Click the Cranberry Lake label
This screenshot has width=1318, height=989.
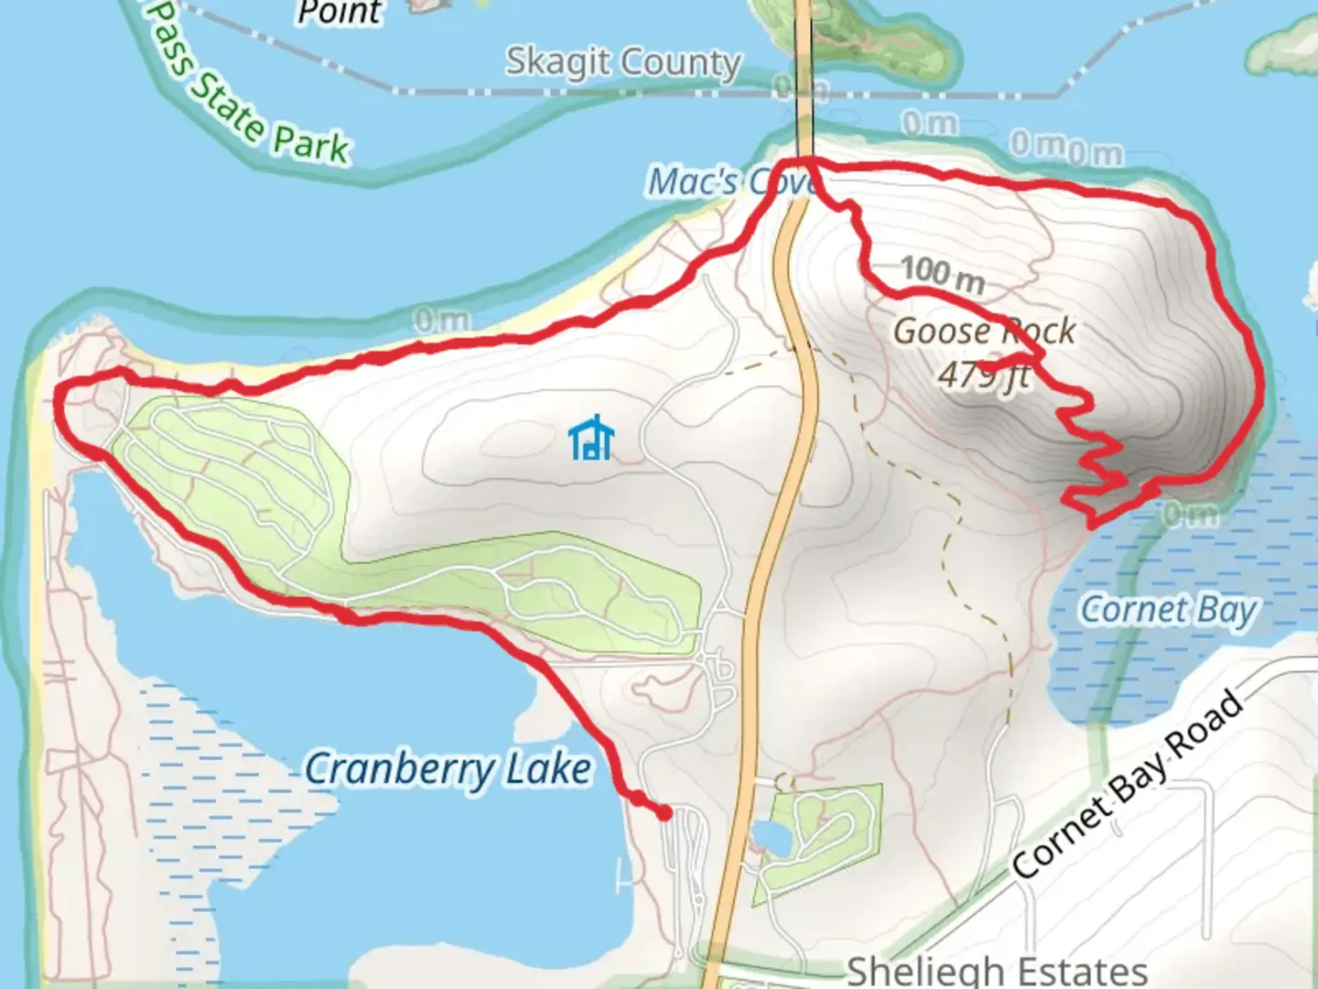(x=448, y=769)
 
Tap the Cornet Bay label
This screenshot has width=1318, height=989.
(x=1169, y=610)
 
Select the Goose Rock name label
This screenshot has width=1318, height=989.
(x=984, y=331)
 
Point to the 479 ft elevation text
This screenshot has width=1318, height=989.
(x=984, y=374)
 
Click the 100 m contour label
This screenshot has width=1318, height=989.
(x=942, y=272)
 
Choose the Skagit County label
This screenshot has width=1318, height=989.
(x=623, y=62)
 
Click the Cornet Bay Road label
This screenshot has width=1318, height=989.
(x=1129, y=784)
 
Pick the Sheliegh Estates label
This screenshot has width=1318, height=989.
(x=997, y=970)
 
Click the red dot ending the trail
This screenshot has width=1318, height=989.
(x=664, y=812)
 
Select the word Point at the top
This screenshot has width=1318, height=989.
(x=340, y=12)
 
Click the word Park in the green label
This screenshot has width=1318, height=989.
(x=310, y=146)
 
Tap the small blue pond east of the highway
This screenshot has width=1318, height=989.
(x=771, y=836)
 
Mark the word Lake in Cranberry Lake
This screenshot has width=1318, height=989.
(x=549, y=769)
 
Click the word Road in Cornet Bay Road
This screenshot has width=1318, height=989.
(x=1206, y=730)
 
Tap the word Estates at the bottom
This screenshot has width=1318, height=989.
(x=1079, y=970)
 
